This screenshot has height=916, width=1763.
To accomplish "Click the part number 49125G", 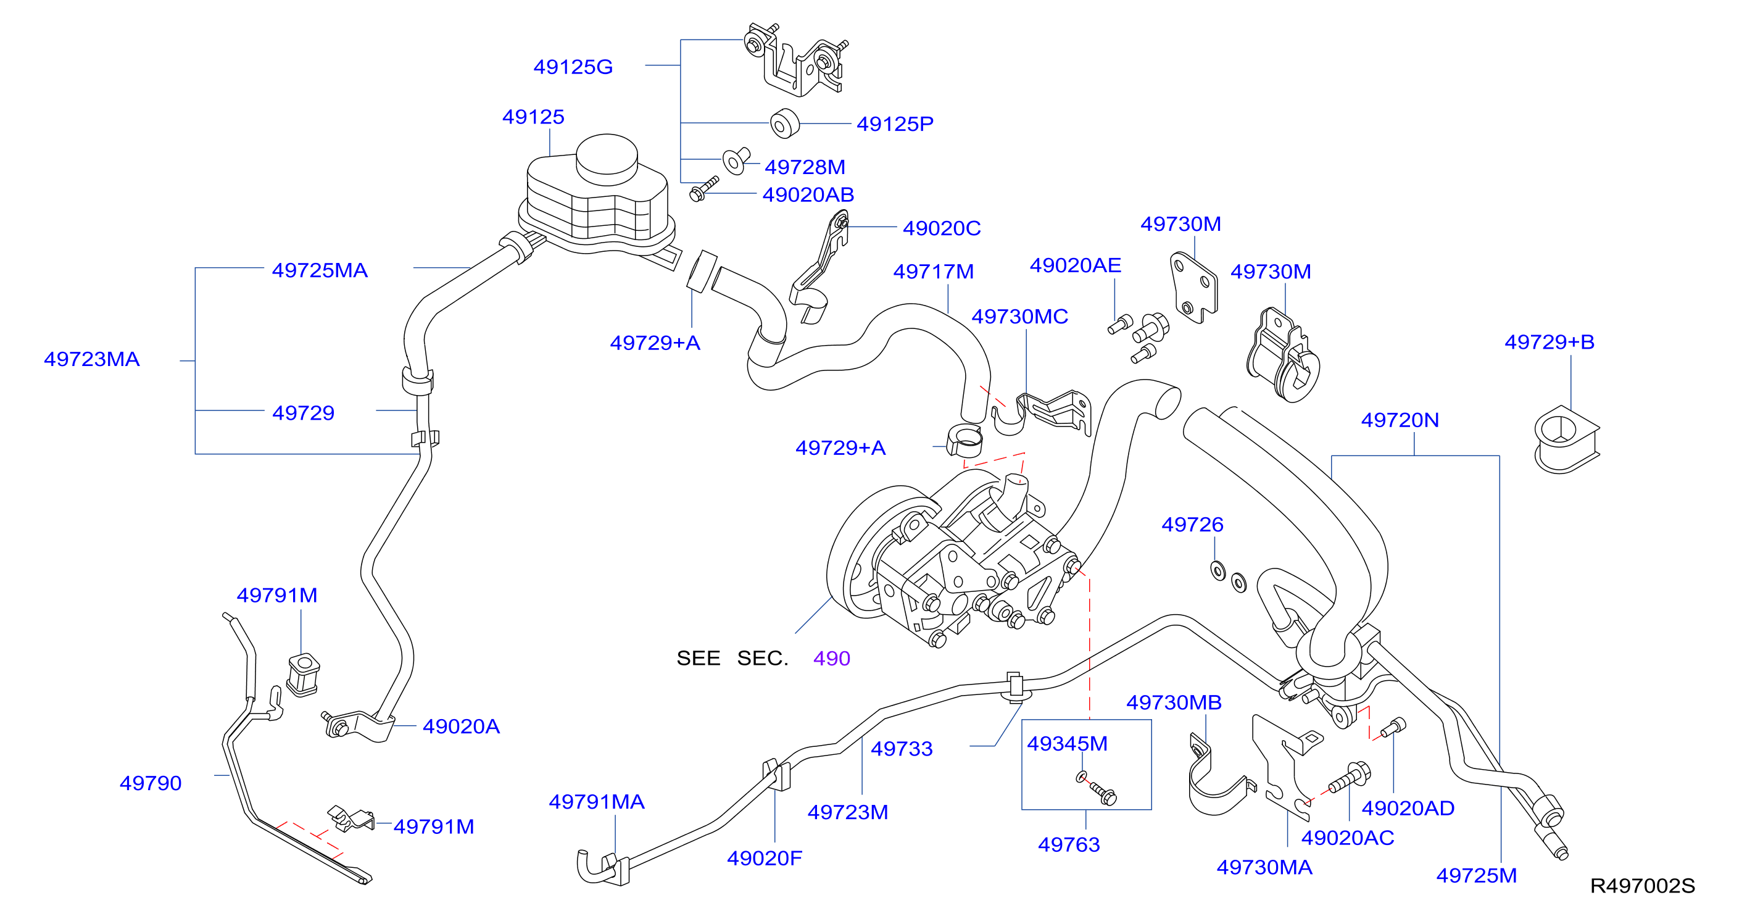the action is [x=573, y=67].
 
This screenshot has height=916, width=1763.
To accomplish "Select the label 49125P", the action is [x=895, y=124].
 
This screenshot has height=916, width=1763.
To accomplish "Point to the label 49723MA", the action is [x=92, y=359].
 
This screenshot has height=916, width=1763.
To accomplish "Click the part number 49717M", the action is [x=933, y=271].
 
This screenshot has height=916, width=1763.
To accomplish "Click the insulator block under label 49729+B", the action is [x=1567, y=439].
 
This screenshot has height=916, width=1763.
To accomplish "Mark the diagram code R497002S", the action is [x=1643, y=886].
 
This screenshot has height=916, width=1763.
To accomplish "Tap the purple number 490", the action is [x=832, y=658].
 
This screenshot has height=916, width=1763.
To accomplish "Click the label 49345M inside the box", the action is [x=1067, y=744].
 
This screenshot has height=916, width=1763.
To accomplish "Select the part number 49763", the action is [x=1069, y=844].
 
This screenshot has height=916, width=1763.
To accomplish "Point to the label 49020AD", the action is [x=1408, y=808].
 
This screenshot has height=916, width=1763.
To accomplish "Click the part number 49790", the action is [x=151, y=783].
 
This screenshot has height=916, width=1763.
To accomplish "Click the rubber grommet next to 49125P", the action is [x=785, y=123].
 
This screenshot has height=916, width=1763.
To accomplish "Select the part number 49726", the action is [x=1192, y=525].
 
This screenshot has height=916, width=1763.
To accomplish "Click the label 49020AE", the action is [x=1075, y=265].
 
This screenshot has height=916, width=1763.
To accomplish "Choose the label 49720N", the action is [x=1400, y=420].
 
